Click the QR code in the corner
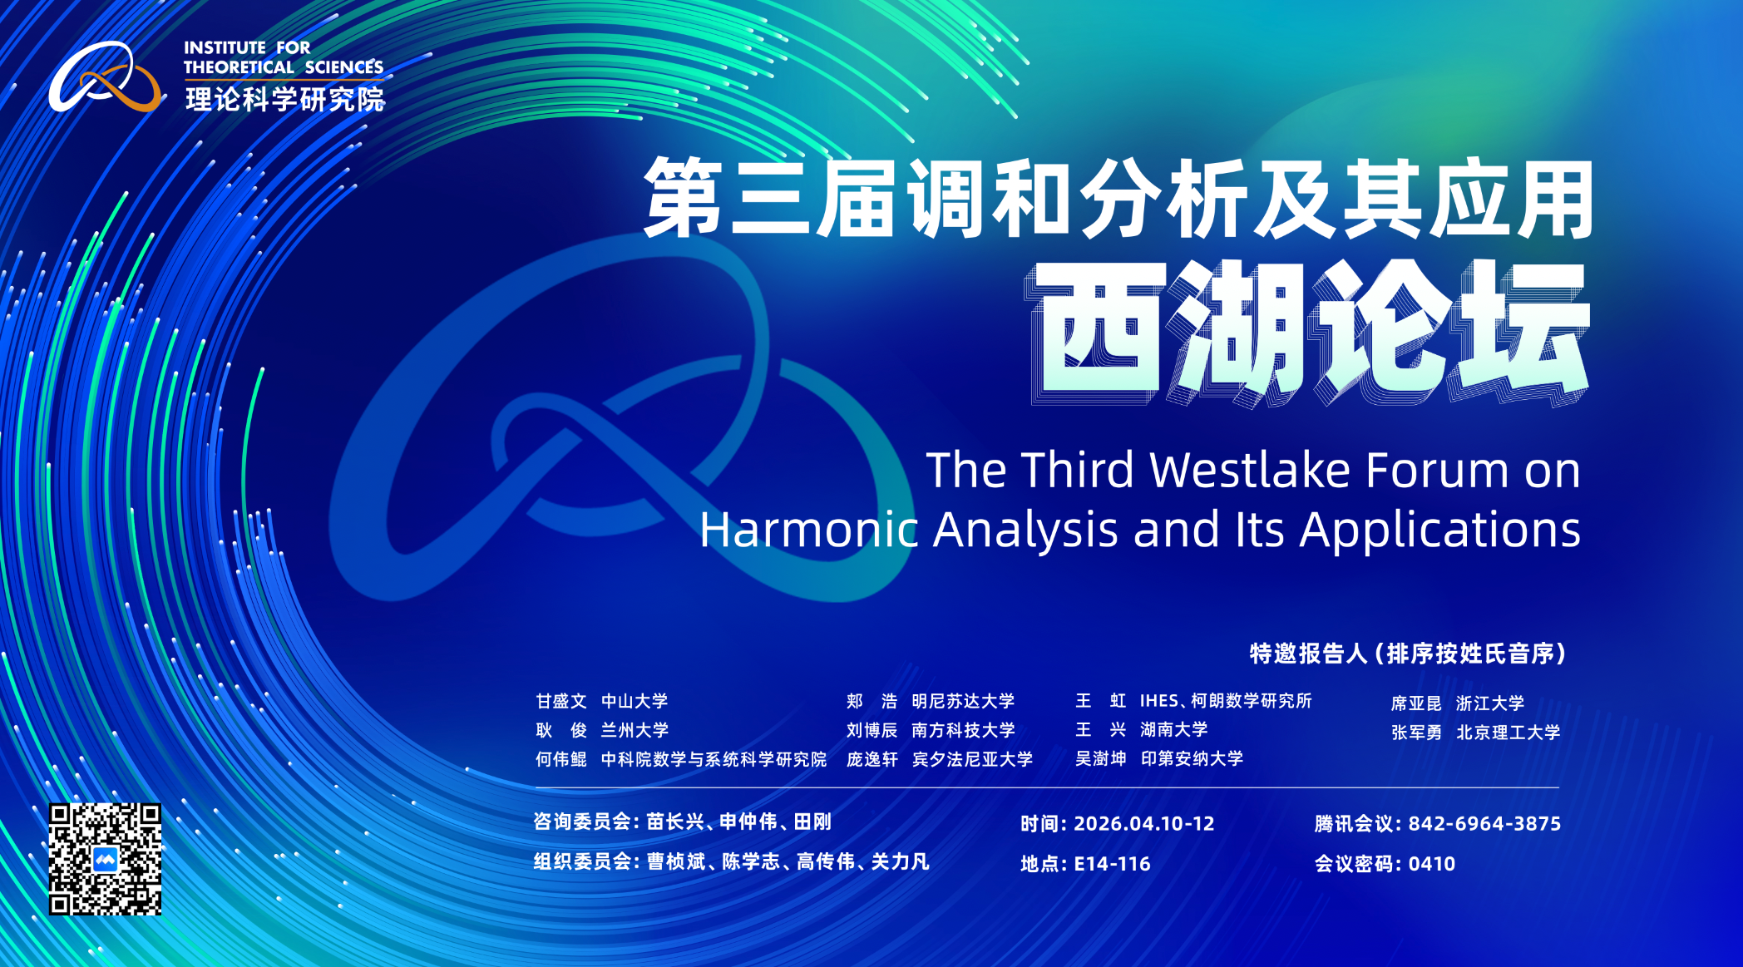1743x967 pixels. pos(105,859)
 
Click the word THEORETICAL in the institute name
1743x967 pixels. pos(239,67)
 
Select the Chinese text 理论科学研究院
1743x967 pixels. pos(285,99)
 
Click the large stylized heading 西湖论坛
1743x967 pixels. pos(1310,333)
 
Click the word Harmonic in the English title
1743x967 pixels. pos(808,529)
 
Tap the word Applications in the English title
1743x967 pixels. pos(1440,530)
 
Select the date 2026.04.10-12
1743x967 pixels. pos(1143,823)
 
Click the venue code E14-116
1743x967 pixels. pos(1112,863)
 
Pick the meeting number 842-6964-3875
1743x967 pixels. pos(1484,823)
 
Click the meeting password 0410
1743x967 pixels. pos(1431,863)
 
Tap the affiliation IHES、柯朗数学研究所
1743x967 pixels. pos(1226,701)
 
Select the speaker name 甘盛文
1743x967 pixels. pos(561,701)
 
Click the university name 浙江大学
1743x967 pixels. pos(1490,703)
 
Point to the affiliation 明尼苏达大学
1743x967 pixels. pos(963,701)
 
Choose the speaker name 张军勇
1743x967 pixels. pos(1416,733)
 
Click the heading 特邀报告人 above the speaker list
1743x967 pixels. pos(1308,654)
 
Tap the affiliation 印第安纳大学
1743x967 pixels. pos(1192,758)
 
